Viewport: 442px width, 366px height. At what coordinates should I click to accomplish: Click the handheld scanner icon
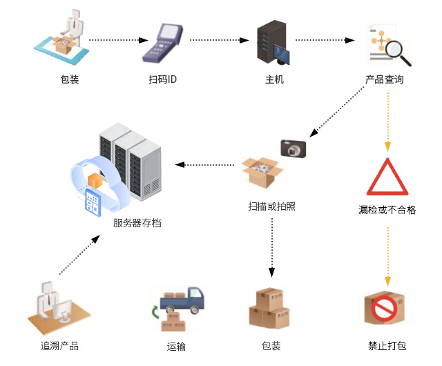point(163,43)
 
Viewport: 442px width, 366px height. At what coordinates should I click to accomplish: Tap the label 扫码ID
point(163,79)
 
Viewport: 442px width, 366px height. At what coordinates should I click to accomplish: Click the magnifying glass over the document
point(398,52)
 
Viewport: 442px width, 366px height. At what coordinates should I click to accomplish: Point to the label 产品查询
point(384,79)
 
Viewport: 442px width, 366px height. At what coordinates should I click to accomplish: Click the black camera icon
point(294,148)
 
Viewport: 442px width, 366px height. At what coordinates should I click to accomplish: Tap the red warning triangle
point(387,177)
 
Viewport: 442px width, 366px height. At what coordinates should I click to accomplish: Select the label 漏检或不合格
point(387,210)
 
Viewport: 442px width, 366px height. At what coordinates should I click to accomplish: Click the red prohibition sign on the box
point(384,309)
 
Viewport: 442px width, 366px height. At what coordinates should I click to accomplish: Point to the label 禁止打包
point(387,346)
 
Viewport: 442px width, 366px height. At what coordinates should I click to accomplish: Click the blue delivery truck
point(182,300)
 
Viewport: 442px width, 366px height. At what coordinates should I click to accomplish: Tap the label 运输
point(176,346)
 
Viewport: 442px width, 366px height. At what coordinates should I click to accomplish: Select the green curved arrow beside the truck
point(155,312)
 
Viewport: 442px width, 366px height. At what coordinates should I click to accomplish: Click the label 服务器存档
point(137,223)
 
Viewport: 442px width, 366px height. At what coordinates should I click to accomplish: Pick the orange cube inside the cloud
point(95,181)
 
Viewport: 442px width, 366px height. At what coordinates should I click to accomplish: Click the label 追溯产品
point(59,346)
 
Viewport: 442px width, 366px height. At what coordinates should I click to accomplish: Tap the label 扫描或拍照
point(271,206)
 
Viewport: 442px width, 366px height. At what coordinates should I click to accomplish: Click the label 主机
point(274,79)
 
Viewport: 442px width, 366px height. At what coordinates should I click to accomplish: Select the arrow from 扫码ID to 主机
point(219,40)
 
